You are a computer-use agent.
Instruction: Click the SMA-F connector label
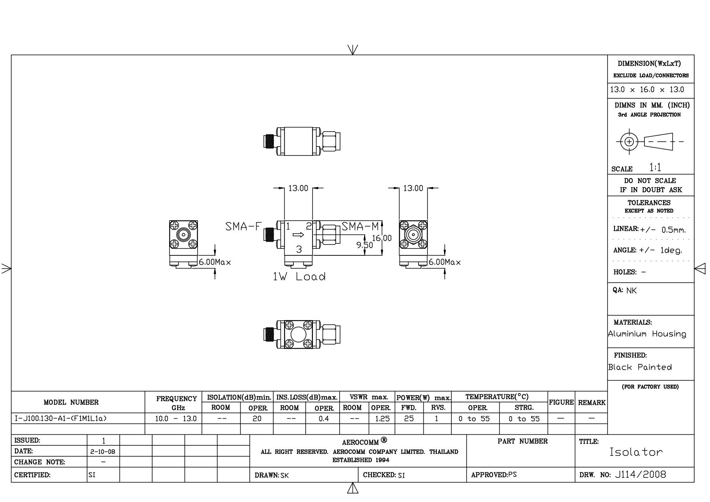[244, 226]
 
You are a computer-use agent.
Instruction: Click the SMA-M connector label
[360, 226]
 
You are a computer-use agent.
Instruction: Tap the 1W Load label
[299, 277]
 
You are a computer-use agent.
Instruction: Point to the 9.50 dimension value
[365, 245]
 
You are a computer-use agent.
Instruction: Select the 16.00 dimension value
[382, 238]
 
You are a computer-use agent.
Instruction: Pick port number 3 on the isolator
[299, 249]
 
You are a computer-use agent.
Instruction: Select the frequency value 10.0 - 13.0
[176, 419]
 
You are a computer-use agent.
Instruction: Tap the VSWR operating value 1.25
[382, 419]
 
